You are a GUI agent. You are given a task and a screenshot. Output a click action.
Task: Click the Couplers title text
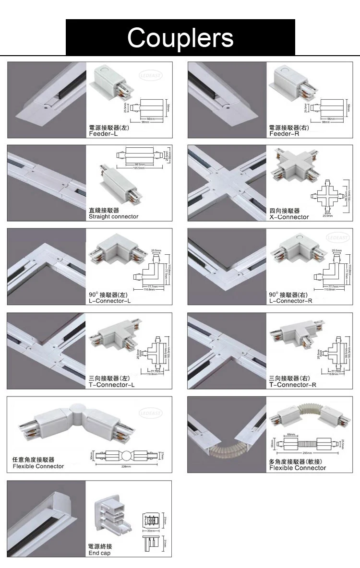(x=180, y=37)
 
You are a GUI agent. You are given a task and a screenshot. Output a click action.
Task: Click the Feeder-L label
(x=103, y=134)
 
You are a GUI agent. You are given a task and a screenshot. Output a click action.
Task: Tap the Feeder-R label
(x=284, y=134)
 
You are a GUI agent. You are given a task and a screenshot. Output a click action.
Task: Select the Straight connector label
(x=113, y=217)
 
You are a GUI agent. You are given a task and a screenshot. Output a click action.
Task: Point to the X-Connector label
(x=289, y=217)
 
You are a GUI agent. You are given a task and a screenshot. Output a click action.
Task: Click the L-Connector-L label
(x=109, y=301)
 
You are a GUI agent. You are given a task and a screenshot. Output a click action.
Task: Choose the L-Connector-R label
(x=290, y=301)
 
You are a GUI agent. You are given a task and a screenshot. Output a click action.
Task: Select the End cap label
(x=100, y=553)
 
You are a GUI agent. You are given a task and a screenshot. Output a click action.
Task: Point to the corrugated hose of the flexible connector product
(x=310, y=413)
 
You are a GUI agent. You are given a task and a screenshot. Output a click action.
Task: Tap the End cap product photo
(x=112, y=517)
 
